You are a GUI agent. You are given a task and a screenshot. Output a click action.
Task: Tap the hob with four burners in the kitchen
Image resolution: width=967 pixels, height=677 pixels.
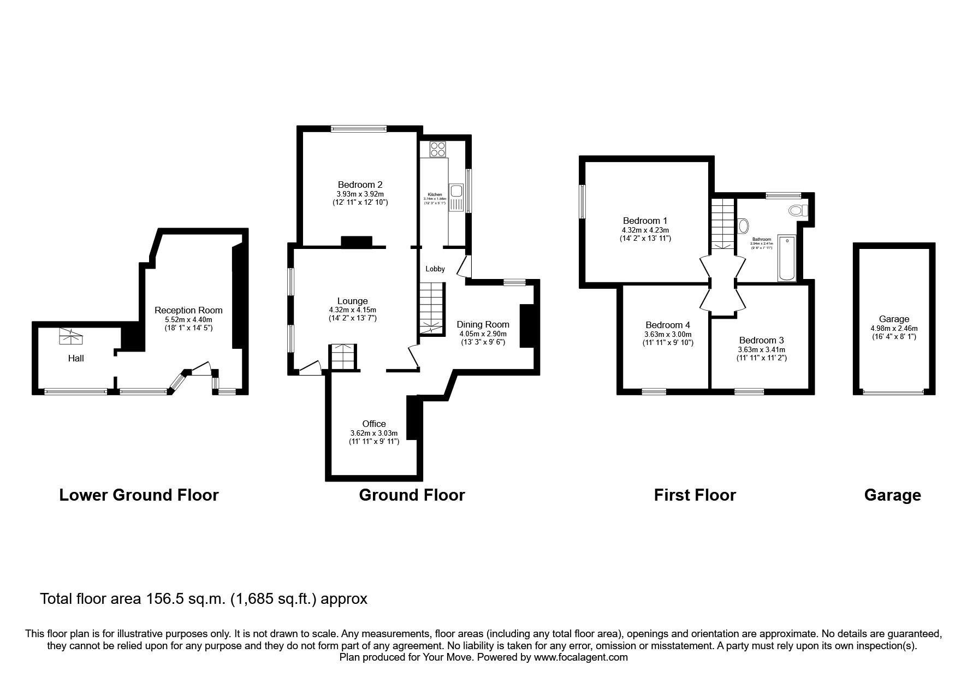click(437, 149)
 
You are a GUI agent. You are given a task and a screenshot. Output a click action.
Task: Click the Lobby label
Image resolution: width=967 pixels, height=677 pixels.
click(435, 269)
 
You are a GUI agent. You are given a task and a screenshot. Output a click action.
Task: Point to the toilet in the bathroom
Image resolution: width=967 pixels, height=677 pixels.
click(798, 210)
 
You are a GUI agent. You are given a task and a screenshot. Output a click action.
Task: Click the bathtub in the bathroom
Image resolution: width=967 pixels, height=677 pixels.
click(787, 258)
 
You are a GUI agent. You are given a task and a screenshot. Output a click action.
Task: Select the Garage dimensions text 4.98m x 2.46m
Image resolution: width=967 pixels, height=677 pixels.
click(894, 329)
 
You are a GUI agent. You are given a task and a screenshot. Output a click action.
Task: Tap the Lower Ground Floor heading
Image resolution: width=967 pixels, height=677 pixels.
click(139, 495)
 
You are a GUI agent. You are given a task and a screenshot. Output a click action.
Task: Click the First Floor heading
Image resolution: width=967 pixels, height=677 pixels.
click(695, 495)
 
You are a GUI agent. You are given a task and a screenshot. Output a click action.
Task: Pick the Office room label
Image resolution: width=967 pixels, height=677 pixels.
click(374, 424)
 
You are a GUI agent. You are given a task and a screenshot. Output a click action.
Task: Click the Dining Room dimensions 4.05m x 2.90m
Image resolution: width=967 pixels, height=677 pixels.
click(483, 334)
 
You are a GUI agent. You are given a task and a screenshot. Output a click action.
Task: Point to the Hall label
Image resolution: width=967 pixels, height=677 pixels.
click(76, 359)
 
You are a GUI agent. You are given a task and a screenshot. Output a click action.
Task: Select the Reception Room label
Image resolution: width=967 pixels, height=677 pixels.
click(188, 310)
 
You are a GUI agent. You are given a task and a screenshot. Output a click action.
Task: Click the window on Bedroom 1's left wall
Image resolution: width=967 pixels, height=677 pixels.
click(583, 201)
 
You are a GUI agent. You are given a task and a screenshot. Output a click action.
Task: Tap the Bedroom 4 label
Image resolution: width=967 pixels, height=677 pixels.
click(667, 325)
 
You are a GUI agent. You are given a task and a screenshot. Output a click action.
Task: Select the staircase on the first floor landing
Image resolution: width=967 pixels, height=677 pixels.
click(722, 224)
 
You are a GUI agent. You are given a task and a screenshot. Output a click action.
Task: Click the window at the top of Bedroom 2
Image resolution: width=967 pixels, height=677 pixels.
click(359, 129)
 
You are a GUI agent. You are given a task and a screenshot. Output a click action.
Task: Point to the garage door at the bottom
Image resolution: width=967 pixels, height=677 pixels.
click(893, 391)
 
